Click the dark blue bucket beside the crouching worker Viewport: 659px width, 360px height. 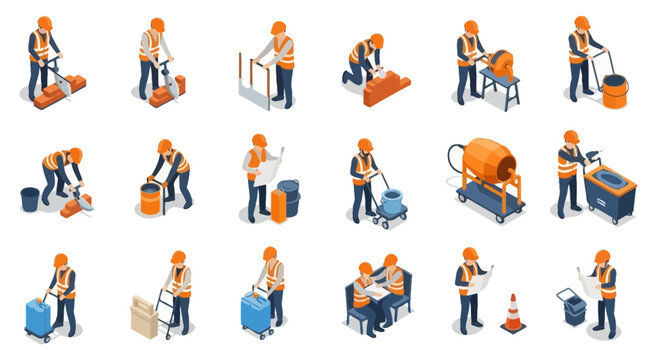click(30, 199)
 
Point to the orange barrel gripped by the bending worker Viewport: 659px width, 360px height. click(151, 198)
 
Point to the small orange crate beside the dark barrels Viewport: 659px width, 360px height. click(279, 204)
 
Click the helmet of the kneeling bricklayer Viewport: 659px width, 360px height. click(376, 40)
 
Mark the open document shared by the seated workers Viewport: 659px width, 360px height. click(376, 292)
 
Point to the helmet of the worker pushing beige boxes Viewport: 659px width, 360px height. click(178, 258)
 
